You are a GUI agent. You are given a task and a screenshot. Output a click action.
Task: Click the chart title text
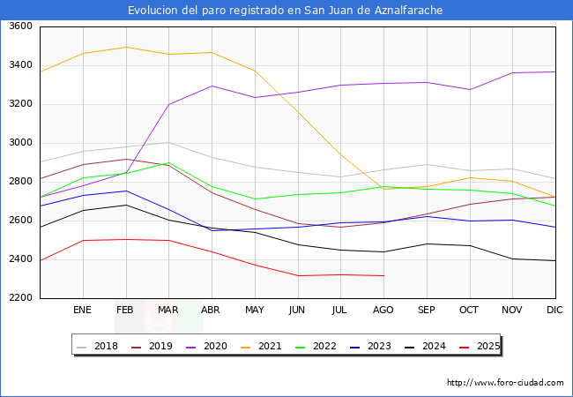(x=286, y=11)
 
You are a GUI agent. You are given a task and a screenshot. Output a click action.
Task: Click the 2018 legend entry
(x=99, y=346)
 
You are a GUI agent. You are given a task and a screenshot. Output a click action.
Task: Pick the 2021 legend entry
(x=262, y=346)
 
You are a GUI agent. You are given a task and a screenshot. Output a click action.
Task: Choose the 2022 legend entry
(x=316, y=346)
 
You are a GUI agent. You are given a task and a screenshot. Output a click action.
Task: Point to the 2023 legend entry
(x=370, y=346)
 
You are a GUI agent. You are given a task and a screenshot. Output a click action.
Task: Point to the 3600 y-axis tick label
(x=19, y=26)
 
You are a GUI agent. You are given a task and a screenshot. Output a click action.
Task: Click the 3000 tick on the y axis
(x=19, y=143)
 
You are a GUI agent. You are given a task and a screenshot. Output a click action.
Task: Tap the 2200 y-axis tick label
(x=19, y=298)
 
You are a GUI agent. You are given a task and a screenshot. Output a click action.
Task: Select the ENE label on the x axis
(x=83, y=310)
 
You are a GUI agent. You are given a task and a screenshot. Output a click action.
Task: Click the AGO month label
(x=383, y=310)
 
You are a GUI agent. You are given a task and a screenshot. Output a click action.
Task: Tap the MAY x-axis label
(x=255, y=310)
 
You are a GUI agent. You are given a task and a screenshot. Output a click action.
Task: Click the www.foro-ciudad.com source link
(x=505, y=383)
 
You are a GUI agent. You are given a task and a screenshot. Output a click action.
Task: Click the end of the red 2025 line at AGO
(x=383, y=275)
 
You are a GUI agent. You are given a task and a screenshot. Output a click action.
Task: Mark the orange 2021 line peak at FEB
(x=126, y=47)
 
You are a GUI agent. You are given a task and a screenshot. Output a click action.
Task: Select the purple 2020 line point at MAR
(x=168, y=104)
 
